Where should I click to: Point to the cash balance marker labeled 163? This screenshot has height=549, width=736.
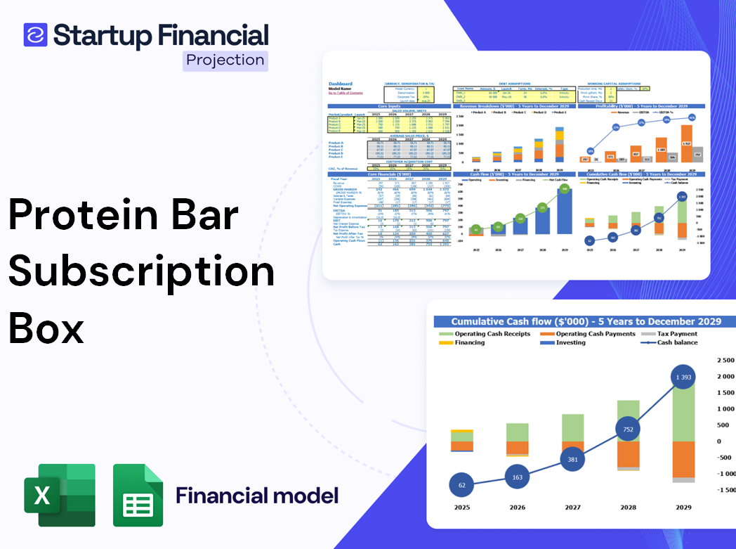pyautogui.click(x=517, y=477)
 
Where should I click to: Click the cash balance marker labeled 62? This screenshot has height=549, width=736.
pyautogui.click(x=461, y=484)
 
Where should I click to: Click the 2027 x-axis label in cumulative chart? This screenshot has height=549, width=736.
pyautogui.click(x=572, y=508)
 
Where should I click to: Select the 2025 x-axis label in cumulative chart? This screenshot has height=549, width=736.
pyautogui.click(x=461, y=508)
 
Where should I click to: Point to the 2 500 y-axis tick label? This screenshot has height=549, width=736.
pyautogui.click(x=725, y=360)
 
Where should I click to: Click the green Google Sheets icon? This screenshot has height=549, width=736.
pyautogui.click(x=138, y=495)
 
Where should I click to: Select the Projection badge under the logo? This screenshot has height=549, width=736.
pyautogui.click(x=225, y=60)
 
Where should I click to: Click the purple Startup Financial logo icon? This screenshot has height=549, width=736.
pyautogui.click(x=35, y=34)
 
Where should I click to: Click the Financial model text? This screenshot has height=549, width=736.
pyautogui.click(x=257, y=495)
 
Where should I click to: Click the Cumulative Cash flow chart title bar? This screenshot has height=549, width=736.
pyautogui.click(x=586, y=321)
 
